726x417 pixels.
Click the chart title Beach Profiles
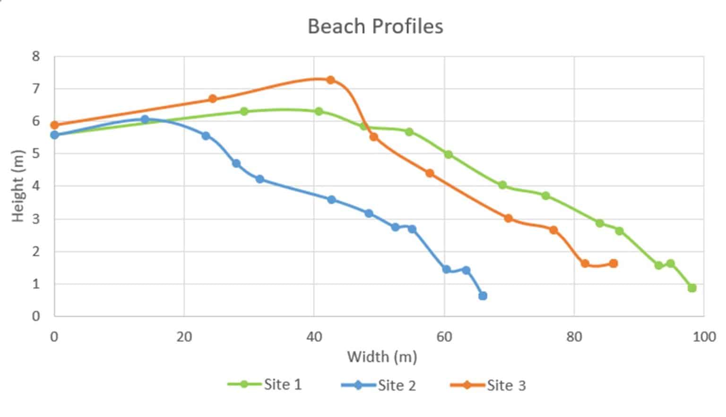point(375,26)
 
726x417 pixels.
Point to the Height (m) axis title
point(17,186)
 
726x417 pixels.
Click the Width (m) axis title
point(382,357)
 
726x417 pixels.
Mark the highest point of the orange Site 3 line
point(330,80)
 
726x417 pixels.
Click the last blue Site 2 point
point(483,296)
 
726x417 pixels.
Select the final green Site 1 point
point(692,288)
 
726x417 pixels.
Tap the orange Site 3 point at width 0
point(54,125)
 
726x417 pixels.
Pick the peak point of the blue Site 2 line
point(145,119)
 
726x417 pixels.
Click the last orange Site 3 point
point(614,264)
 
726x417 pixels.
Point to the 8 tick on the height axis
point(36,57)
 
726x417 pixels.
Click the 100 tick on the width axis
point(704,337)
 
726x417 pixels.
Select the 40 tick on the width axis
point(314,337)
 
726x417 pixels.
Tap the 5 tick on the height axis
point(36,154)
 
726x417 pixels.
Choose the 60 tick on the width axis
point(444,337)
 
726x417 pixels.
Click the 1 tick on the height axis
point(36,284)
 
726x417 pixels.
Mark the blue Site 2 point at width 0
point(54,135)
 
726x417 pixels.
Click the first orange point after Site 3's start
point(213,99)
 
